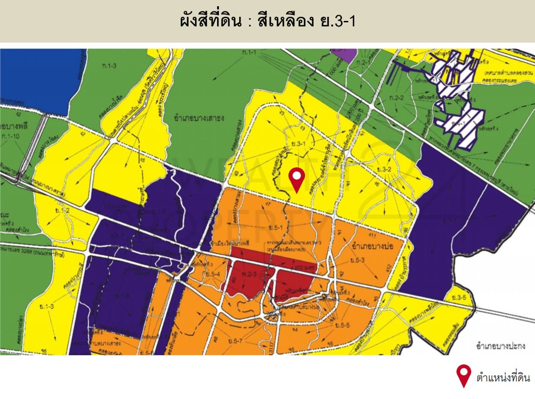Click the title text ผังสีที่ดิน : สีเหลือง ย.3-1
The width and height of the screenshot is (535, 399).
click(x=267, y=21)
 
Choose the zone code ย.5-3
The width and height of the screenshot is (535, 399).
click(x=357, y=260)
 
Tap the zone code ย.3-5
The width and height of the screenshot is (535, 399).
click(x=458, y=298)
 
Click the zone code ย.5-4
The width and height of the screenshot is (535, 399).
click(x=211, y=274)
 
